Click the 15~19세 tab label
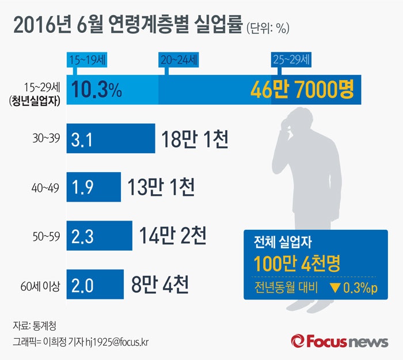pyautogui.click(x=88, y=59)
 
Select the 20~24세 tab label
pyautogui.click(x=178, y=59)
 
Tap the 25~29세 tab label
pyautogui.click(x=291, y=59)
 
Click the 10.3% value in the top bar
pyautogui.click(x=97, y=90)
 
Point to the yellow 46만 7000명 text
pyautogui.click(x=302, y=90)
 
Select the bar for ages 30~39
pyautogui.click(x=111, y=139)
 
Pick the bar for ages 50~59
pyautogui.click(x=100, y=235)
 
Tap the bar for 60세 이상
pyautogui.click(x=96, y=284)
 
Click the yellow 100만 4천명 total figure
pyautogui.click(x=297, y=265)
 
